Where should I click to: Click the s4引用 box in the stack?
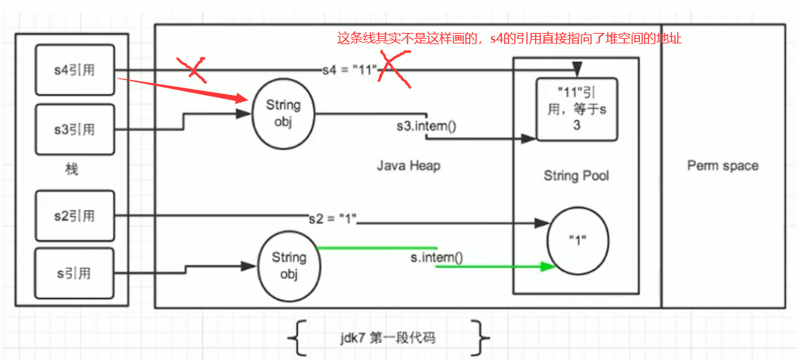(73, 70)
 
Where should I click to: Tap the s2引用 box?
(73, 216)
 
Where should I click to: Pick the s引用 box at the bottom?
(73, 273)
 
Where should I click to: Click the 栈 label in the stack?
(72, 170)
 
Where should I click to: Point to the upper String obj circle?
(283, 114)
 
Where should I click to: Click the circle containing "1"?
(575, 242)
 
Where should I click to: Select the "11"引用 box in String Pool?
(577, 109)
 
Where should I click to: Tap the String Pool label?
(575, 176)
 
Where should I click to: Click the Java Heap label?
(408, 165)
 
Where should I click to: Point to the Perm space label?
(722, 165)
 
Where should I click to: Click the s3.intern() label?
(427, 125)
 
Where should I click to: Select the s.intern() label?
(436, 259)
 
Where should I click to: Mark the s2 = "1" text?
(333, 219)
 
